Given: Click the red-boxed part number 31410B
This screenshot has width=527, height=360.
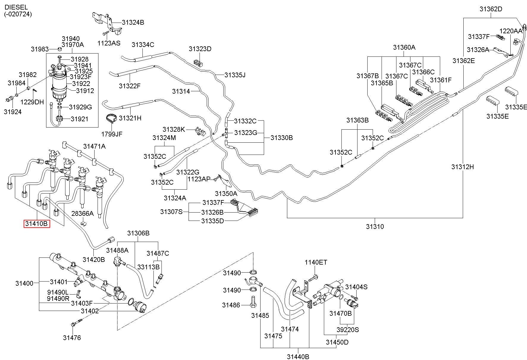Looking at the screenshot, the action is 37,224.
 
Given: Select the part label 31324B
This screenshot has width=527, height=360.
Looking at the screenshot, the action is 133,23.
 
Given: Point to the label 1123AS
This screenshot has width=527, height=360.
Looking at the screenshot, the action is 109,43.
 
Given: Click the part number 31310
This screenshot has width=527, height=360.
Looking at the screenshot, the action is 375,227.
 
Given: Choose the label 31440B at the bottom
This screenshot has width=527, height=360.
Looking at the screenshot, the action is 298,356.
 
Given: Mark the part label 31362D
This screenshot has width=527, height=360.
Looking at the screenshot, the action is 491,9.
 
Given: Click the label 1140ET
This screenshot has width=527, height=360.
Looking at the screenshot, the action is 316,262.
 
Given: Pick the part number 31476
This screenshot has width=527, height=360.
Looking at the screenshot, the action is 72,338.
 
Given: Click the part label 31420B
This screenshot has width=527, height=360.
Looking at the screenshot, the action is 94,260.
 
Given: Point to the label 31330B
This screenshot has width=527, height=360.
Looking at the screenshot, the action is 282,138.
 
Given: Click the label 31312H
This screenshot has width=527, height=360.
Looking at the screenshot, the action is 462,167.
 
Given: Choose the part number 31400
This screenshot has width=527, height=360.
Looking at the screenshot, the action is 24,283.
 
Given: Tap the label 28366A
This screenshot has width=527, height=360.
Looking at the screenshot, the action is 82,213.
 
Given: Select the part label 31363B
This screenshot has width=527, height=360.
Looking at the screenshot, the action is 357,120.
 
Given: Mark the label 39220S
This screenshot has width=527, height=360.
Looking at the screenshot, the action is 348,330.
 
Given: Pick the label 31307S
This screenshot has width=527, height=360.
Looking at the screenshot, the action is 171,212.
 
